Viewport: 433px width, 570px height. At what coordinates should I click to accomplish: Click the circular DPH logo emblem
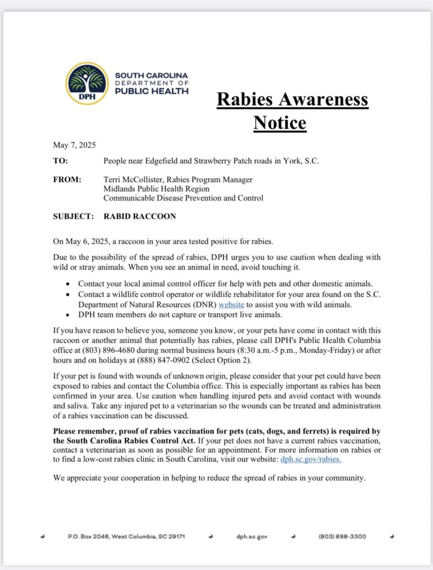click(86, 83)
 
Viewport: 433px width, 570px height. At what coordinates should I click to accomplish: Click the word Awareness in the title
click(320, 100)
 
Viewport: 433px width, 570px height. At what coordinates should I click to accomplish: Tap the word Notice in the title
click(280, 122)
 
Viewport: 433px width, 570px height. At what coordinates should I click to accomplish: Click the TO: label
click(60, 161)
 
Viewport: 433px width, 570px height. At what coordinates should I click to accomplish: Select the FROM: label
click(67, 180)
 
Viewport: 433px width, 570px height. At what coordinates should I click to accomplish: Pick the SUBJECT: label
click(73, 216)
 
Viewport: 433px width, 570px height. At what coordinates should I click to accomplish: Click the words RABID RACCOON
click(140, 216)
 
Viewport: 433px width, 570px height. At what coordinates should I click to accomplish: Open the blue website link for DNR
click(231, 305)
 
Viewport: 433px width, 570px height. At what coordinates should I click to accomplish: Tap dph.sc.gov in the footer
click(252, 537)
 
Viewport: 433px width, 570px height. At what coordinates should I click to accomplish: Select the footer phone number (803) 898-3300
click(342, 537)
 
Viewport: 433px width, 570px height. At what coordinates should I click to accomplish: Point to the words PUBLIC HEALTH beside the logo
click(152, 91)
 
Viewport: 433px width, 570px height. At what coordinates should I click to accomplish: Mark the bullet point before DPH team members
click(68, 314)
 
